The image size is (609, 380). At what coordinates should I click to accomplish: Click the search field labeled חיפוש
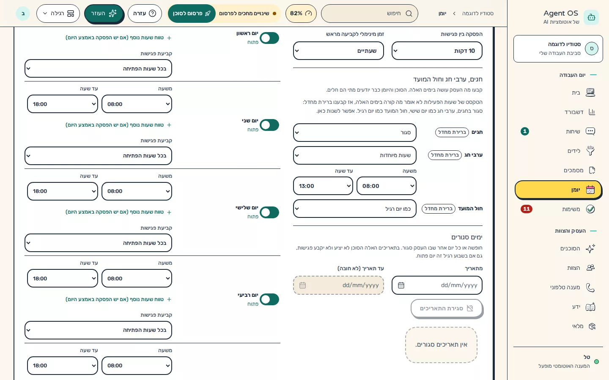[370, 14]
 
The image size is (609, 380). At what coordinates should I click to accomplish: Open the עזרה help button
[145, 14]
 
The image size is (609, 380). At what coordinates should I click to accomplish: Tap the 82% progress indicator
[301, 14]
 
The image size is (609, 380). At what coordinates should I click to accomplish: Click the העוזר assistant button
[104, 14]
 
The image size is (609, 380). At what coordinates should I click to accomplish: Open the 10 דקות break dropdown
[437, 51]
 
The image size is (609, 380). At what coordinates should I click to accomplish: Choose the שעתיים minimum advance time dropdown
[338, 51]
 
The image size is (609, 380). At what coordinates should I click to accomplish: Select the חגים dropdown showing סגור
[354, 133]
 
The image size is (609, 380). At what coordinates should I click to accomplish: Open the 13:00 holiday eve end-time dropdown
[323, 186]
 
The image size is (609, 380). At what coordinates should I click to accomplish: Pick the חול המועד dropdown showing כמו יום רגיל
[354, 209]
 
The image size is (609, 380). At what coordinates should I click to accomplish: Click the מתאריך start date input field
[437, 285]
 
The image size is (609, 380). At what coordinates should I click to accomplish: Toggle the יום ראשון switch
[269, 38]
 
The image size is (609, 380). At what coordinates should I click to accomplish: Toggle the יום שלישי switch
[269, 212]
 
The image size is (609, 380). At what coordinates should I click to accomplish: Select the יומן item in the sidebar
[558, 190]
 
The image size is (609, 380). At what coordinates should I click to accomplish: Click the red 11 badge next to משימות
[527, 209]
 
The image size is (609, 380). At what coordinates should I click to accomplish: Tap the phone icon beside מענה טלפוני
[590, 288]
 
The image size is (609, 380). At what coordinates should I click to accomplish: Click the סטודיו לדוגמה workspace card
[558, 49]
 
